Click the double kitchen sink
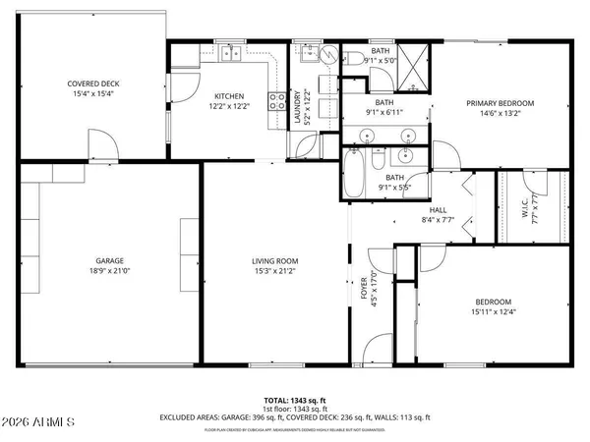(x=231, y=54)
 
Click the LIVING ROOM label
(x=274, y=260)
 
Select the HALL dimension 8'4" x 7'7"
(x=437, y=219)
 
